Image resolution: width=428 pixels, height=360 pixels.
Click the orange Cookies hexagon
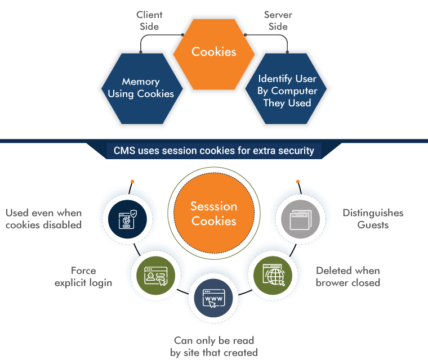pyautogui.click(x=214, y=52)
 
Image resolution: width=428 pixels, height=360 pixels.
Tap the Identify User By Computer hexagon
pyautogui.click(x=287, y=91)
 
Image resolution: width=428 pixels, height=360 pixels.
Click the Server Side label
pyautogui.click(x=278, y=21)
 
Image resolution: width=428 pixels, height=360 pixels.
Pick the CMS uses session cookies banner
pyautogui.click(x=214, y=151)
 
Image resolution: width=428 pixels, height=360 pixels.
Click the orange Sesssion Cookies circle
pyautogui.click(x=214, y=214)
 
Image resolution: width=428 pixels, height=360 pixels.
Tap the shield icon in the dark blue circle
pyautogui.click(x=130, y=219)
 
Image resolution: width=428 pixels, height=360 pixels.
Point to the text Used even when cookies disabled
pyautogui.click(x=44, y=219)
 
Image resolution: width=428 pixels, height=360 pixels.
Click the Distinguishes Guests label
pyautogui.click(x=372, y=219)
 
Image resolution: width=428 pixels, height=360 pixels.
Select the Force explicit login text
pyautogui.click(x=83, y=276)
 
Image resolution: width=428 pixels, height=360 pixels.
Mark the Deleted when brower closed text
pyautogui.click(x=347, y=276)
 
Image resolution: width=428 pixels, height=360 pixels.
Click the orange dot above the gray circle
pyautogui.click(x=297, y=182)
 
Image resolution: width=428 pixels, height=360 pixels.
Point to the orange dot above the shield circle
pyautogui.click(x=132, y=182)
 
